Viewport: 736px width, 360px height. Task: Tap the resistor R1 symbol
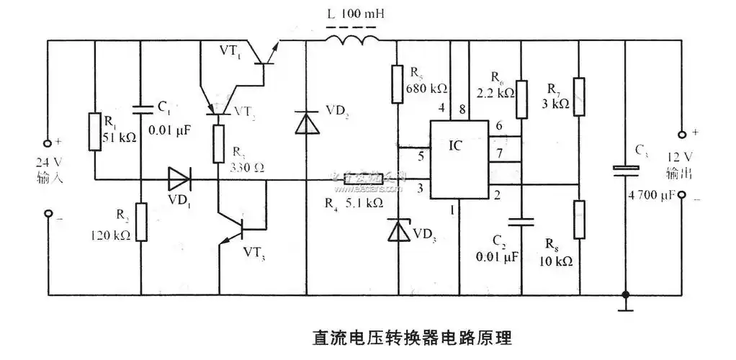click(94, 132)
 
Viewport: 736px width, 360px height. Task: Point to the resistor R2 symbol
click(141, 222)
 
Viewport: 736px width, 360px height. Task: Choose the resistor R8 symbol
click(579, 219)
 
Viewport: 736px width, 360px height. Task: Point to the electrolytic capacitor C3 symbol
click(624, 170)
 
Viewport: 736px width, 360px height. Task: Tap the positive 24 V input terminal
click(48, 142)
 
